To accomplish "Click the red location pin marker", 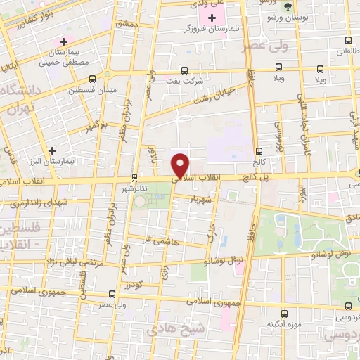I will pyautogui.click(x=181, y=165).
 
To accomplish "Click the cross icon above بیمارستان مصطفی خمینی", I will pyautogui.click(x=65, y=42).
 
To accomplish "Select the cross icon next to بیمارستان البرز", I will pyautogui.click(x=52, y=150).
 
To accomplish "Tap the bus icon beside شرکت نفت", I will pyautogui.click(x=184, y=70).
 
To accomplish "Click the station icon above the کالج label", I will pyautogui.click(x=259, y=150).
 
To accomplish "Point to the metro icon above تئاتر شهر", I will pyautogui.click(x=135, y=178).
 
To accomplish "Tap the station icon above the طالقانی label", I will pyautogui.click(x=349, y=40).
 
